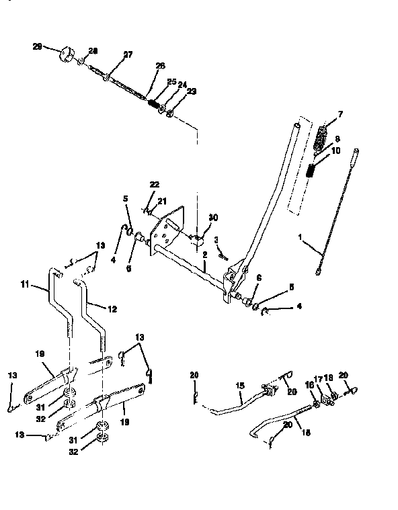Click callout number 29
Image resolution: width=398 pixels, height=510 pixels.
pos(36,46)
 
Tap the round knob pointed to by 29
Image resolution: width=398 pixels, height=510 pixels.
pos(68,54)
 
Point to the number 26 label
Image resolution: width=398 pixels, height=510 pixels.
pos(159,66)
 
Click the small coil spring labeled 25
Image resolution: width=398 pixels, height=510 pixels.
pos(153,105)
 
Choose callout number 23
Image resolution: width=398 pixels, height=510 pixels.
pos(192,91)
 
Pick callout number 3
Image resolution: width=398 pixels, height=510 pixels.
pos(216,240)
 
